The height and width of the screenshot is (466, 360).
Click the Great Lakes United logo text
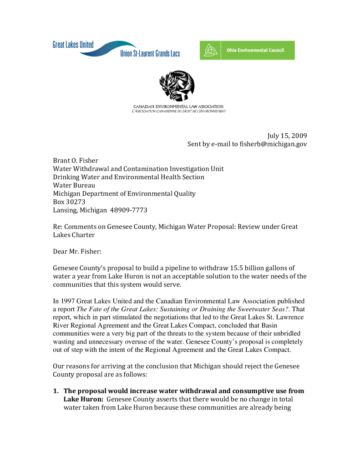[x=73, y=45]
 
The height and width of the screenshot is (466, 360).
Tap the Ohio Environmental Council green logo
[x=247, y=50]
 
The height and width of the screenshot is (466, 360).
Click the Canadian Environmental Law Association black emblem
[x=177, y=86]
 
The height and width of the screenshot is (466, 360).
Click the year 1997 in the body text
[x=67, y=301]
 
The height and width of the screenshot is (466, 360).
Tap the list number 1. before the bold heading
[x=56, y=391]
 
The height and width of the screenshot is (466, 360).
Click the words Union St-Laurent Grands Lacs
[x=150, y=54]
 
